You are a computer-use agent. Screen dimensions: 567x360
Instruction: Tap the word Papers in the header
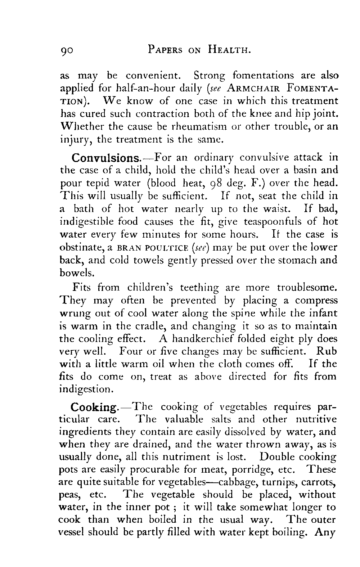click(168, 50)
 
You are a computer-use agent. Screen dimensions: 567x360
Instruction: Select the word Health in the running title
click(229, 50)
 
